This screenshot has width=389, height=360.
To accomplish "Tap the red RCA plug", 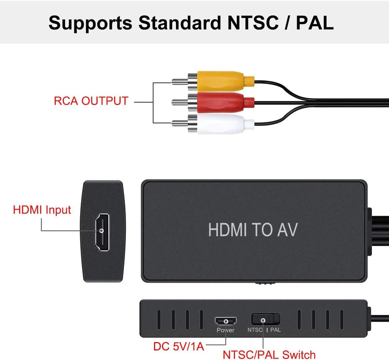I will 221,102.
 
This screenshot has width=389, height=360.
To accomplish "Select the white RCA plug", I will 221,123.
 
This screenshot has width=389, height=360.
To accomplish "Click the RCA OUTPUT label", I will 91,101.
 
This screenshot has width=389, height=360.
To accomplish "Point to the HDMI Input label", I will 42,210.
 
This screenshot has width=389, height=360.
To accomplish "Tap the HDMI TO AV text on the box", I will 252,229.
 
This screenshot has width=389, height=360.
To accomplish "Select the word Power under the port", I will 226,330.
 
